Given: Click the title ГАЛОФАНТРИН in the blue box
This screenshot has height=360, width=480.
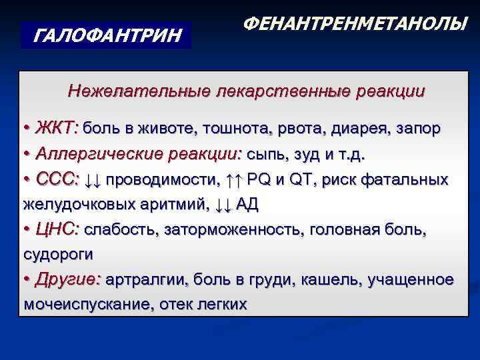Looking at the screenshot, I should (x=107, y=34).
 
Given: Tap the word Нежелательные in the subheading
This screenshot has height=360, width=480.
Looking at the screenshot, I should (x=137, y=91).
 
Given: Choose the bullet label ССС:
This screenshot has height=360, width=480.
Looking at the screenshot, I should (x=59, y=180).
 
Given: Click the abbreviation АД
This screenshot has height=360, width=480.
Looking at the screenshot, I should (x=246, y=205).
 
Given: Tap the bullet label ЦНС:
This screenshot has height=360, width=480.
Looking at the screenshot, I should (x=59, y=229).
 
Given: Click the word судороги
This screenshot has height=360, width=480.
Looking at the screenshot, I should (x=58, y=254).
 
